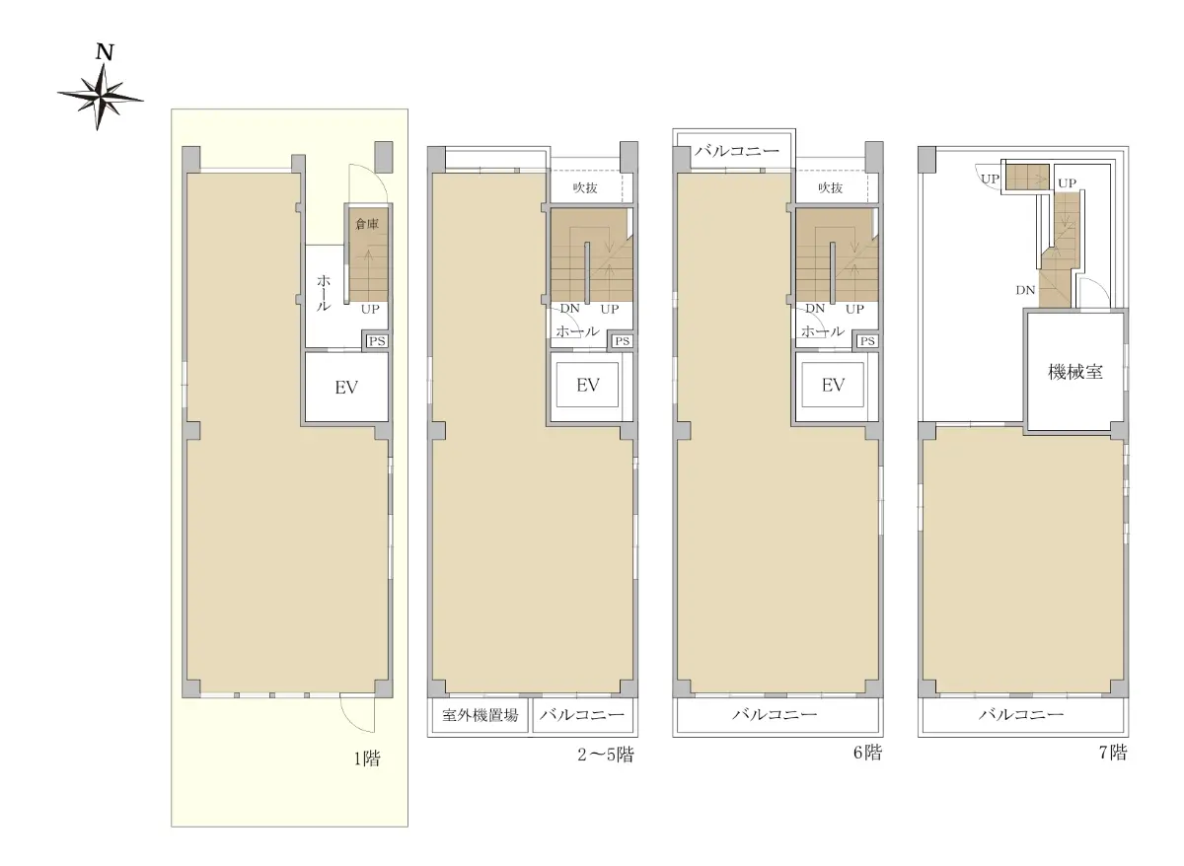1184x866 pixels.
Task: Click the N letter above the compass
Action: tap(106, 52)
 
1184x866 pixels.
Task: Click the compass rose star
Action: tap(100, 98)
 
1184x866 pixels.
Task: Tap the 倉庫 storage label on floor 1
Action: tap(367, 224)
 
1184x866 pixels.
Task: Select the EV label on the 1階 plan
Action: tap(346, 388)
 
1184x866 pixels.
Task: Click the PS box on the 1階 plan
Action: tap(377, 341)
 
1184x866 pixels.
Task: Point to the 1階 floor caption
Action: tap(367, 759)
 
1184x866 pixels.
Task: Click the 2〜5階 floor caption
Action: tap(606, 755)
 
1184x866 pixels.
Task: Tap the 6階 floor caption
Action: tap(868, 753)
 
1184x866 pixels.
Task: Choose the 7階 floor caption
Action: tap(1113, 753)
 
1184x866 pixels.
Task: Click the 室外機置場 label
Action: tap(480, 715)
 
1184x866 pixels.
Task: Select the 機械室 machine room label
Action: tap(1075, 373)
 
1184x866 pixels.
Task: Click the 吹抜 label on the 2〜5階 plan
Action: tap(585, 187)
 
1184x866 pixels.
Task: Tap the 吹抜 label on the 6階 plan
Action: tap(831, 187)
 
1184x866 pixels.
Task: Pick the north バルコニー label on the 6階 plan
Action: tap(737, 151)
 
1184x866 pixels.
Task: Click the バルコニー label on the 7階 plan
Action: tap(1021, 715)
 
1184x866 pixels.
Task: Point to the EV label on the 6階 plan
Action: tap(833, 386)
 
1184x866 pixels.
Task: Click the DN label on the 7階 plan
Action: tap(1025, 290)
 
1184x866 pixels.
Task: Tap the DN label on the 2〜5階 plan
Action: tap(570, 308)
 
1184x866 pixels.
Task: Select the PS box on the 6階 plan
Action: tap(867, 341)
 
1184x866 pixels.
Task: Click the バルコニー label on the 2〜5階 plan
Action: tap(582, 715)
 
